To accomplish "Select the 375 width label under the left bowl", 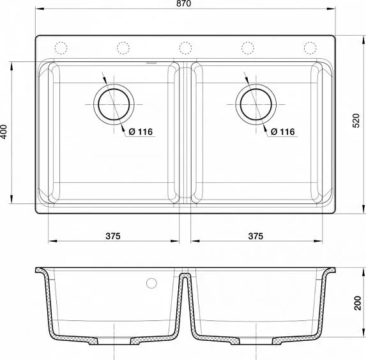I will click(112, 235).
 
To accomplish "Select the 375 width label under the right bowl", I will click(254, 235).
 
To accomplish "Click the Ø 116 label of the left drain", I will click(141, 132).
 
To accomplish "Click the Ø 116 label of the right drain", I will click(282, 132).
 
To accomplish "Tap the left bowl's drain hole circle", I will click(114, 102).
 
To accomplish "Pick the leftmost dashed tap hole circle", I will click(62, 48).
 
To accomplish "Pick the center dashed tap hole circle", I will click(185, 48).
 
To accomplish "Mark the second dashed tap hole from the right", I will click(247, 48).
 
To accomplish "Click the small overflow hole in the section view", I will click(151, 283).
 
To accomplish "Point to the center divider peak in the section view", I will click(185, 276).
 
